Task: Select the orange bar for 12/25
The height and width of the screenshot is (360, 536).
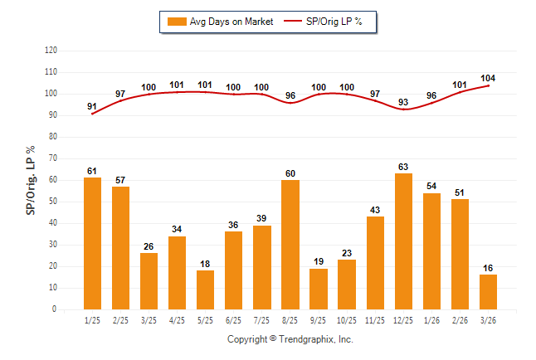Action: [x=403, y=241]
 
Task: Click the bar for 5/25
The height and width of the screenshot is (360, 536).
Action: [x=205, y=289]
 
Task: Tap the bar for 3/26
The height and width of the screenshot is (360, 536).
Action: [x=488, y=292]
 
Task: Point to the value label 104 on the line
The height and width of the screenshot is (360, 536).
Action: [x=488, y=78]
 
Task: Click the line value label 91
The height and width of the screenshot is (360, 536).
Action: [x=92, y=106]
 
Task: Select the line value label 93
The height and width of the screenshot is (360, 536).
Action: [x=403, y=102]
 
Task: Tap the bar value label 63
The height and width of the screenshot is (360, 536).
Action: [x=403, y=167]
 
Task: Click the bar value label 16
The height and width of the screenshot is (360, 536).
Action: [x=488, y=268]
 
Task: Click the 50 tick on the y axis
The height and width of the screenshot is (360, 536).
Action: [x=53, y=202]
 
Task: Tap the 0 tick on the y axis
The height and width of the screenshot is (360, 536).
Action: [x=55, y=309]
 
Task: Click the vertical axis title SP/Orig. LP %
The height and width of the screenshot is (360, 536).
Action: [x=31, y=181]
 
